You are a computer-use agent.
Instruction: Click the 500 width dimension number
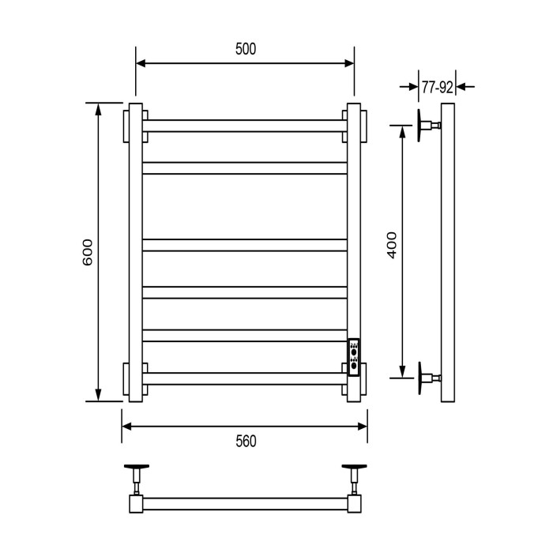[x=246, y=49]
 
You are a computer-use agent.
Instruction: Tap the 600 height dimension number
[x=88, y=251]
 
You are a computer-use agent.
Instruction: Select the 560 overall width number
[x=246, y=441]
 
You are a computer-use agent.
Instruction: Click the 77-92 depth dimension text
[x=437, y=87]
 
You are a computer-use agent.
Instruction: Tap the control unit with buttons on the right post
[x=354, y=359]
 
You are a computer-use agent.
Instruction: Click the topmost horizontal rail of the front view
[x=245, y=126]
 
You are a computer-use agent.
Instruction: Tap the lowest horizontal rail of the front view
[x=245, y=378]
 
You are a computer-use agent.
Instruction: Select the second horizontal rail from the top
[x=245, y=167]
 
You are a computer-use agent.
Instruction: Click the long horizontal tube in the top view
[x=245, y=503]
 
